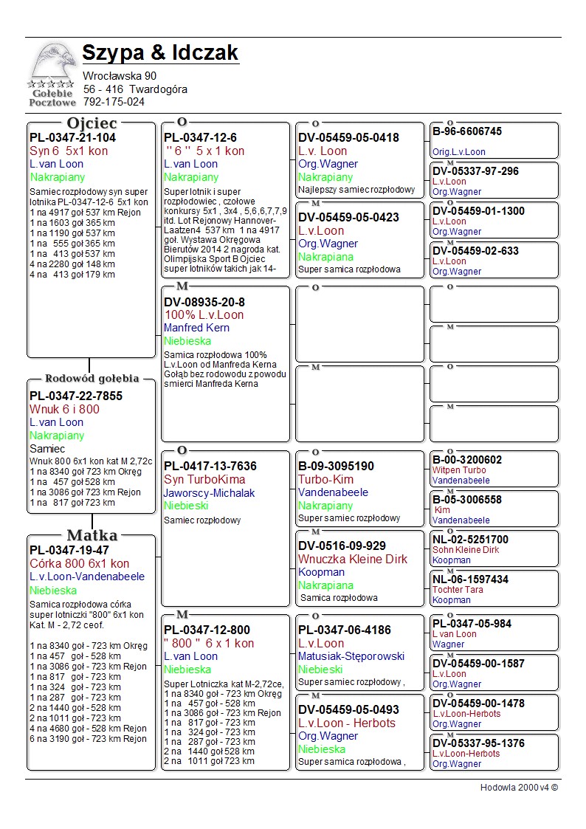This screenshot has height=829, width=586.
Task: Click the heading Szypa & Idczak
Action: coord(160,53)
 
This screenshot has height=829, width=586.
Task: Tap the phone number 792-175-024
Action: coord(114,102)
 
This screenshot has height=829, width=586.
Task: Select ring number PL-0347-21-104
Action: coord(72,137)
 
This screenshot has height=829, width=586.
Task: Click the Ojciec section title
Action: coord(92,123)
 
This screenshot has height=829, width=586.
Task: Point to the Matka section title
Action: coord(92,535)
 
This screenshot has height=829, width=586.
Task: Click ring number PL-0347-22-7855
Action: coord(76,396)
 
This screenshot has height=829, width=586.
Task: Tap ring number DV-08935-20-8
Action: coord(204,302)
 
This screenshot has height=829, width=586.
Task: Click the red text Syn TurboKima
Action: coord(204,480)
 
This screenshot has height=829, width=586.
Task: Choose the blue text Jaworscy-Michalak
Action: coord(209,493)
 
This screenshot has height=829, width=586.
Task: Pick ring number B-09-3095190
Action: coord(337,467)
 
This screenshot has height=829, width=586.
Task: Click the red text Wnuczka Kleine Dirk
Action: coord(352,560)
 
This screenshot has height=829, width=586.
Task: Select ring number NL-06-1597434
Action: coord(470,579)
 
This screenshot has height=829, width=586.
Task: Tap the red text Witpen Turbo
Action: coord(459,470)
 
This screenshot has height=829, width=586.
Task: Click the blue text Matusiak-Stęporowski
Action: coord(351,656)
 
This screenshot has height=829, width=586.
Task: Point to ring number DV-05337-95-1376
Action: coord(478,743)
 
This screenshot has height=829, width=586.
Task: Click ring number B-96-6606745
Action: coord(467,131)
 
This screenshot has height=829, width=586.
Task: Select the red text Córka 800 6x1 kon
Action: coord(79,564)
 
